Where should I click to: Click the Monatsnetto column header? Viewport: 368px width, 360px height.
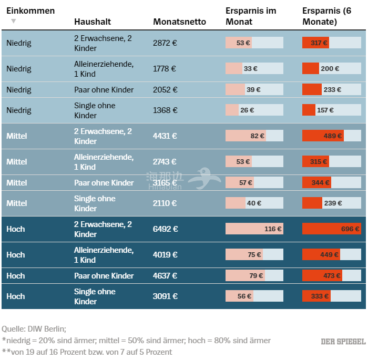[x=179, y=22]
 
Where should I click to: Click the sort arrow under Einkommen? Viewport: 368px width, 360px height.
[x=14, y=21]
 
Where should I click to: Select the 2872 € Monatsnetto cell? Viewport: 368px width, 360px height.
[x=165, y=43]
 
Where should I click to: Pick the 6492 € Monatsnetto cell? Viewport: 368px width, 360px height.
[x=166, y=229]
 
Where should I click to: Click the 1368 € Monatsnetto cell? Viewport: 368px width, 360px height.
[x=165, y=110]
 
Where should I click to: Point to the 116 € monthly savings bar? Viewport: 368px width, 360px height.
[x=254, y=229]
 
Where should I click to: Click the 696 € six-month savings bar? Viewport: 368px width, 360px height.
[x=331, y=229]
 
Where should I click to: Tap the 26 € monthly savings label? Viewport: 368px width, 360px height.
[x=247, y=110]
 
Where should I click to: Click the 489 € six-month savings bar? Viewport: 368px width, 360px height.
[x=323, y=136]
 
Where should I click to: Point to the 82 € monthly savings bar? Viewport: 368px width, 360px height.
[x=246, y=136]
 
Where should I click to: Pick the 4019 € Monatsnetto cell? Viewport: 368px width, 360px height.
[x=166, y=255]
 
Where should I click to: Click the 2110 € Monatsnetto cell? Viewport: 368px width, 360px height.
[x=165, y=203]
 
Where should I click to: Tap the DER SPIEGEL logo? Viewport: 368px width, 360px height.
[x=343, y=342]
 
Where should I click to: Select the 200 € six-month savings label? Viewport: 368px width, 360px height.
[x=330, y=69]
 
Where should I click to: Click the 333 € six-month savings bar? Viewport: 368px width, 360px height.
[x=316, y=296]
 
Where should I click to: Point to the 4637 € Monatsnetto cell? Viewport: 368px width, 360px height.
[x=166, y=276]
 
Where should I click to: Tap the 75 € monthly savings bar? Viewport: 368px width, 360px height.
[x=244, y=255]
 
